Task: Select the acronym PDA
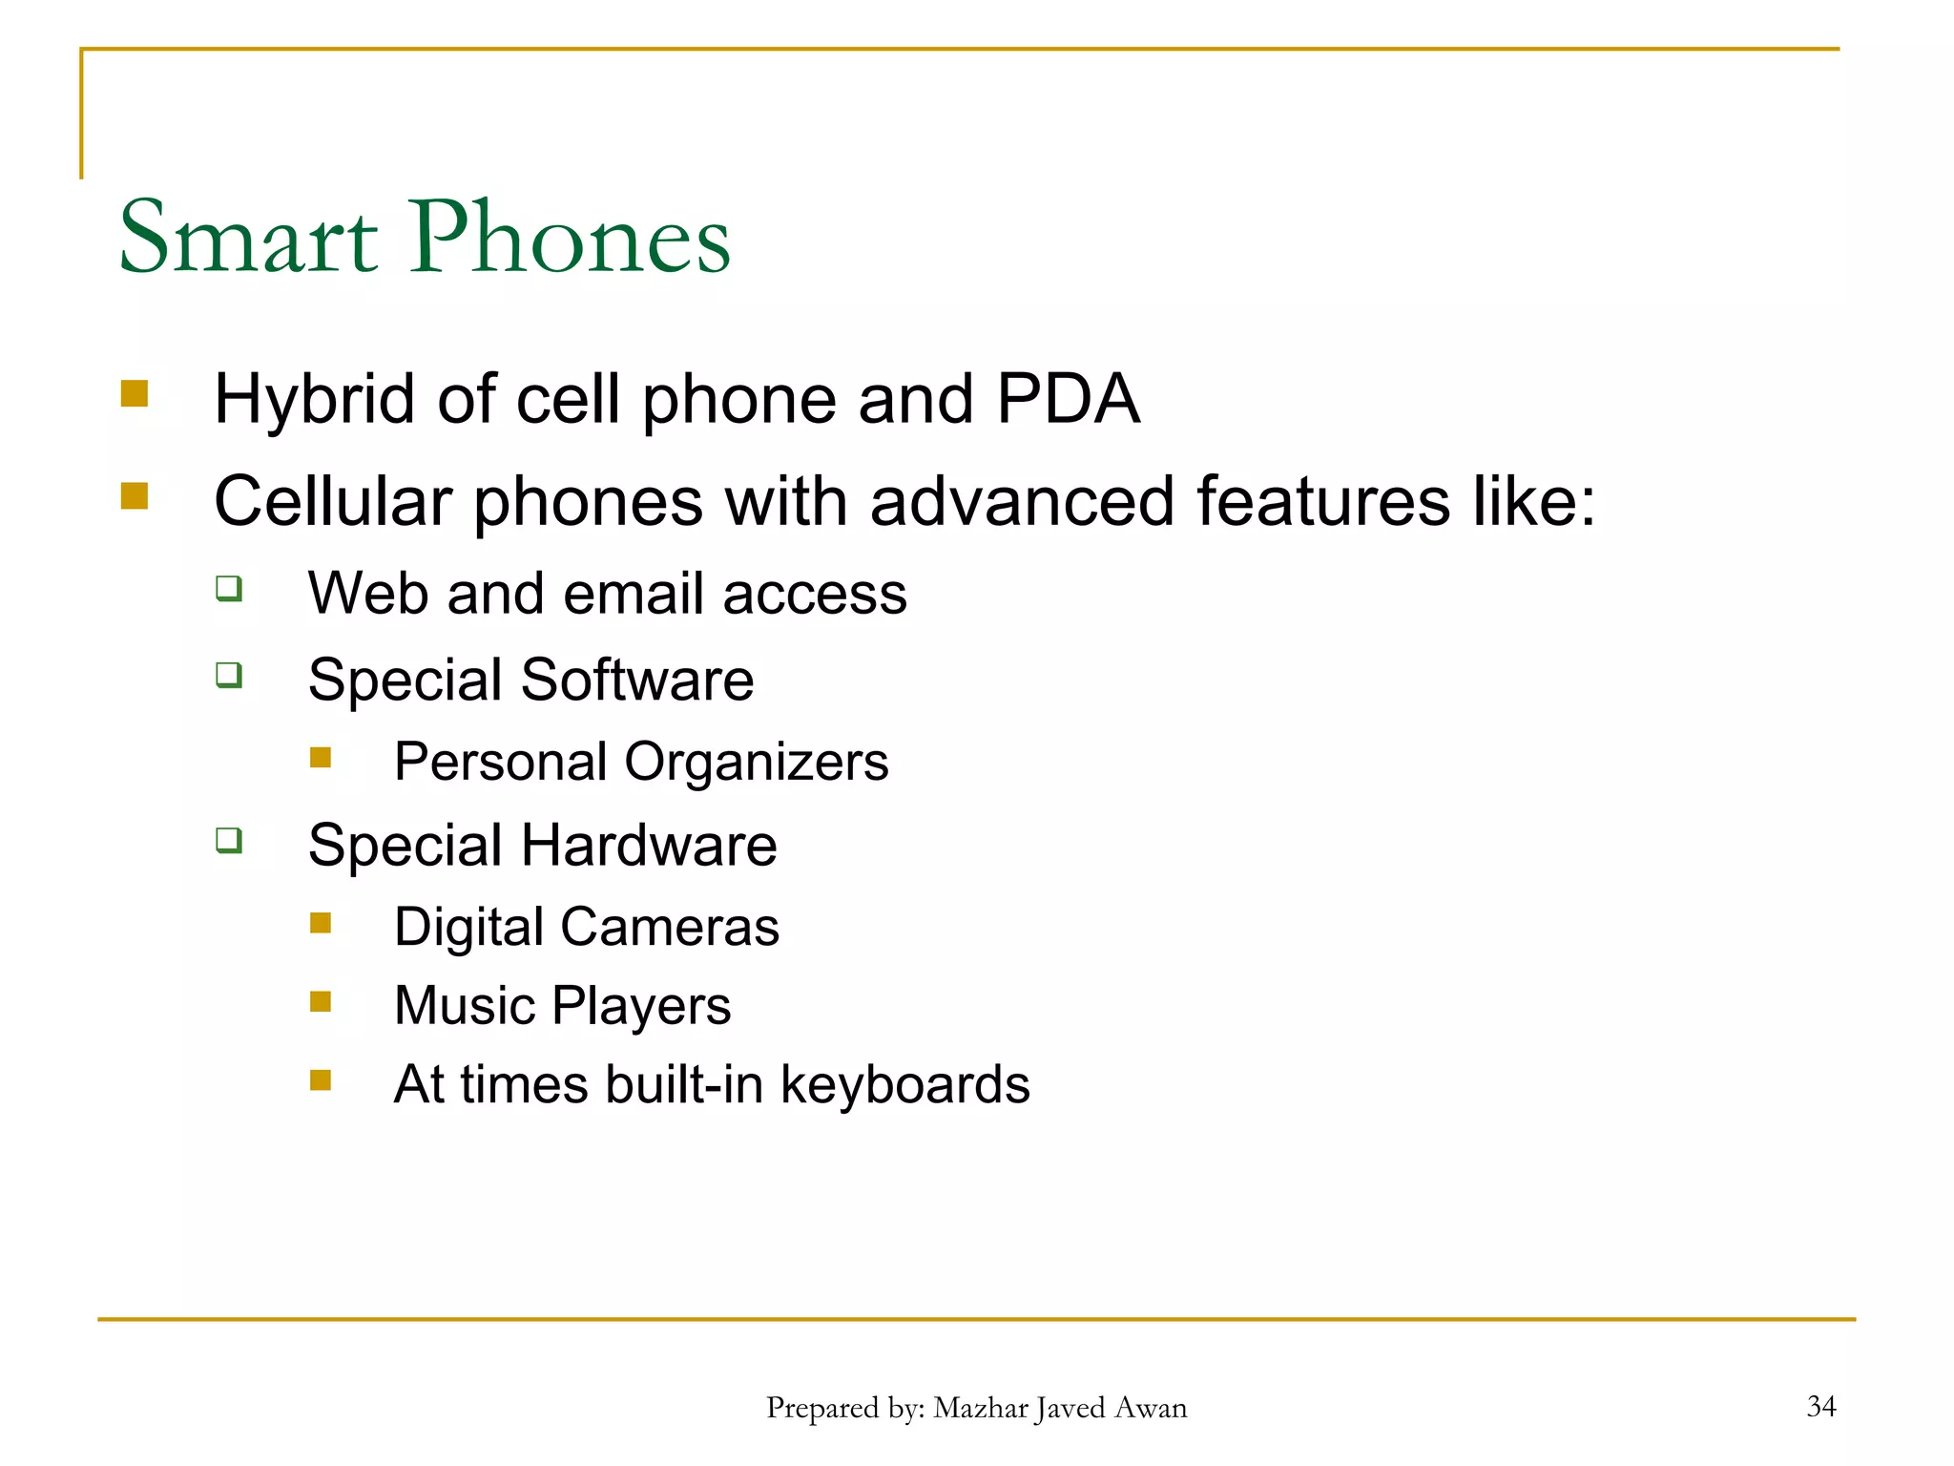(x=1068, y=399)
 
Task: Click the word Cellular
(x=333, y=502)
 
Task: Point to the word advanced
(x=1022, y=502)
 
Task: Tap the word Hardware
(x=649, y=846)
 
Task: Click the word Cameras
(x=670, y=928)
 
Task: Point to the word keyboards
(x=905, y=1085)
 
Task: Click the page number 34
(x=1820, y=1406)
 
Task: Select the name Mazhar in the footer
(x=980, y=1408)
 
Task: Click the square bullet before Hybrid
(x=135, y=394)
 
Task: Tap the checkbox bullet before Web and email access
(x=229, y=588)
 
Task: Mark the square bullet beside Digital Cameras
(x=321, y=923)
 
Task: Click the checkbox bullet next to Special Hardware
(x=229, y=840)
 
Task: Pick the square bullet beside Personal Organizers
(x=321, y=758)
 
